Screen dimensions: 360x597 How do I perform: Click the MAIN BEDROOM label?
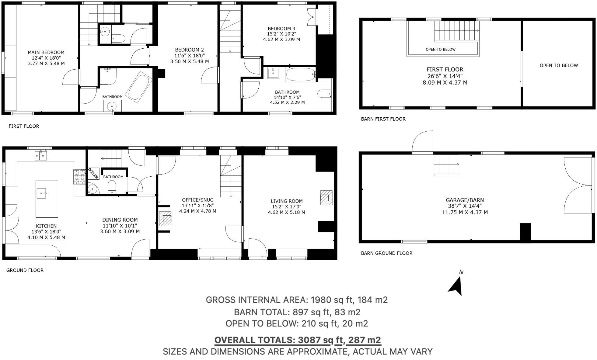point(46,52)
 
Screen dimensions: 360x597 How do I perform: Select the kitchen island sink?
point(42,193)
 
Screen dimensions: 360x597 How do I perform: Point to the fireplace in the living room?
point(326,198)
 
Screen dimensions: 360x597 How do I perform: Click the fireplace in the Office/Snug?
point(166,219)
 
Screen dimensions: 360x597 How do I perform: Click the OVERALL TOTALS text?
point(298,340)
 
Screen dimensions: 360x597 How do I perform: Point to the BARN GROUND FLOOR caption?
point(386,253)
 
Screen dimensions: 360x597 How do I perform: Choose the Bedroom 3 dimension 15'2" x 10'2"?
point(281,34)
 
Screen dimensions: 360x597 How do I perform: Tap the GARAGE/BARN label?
point(465,200)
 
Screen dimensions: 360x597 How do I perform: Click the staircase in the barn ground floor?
point(446,164)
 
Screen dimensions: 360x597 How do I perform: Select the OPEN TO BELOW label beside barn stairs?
point(440,49)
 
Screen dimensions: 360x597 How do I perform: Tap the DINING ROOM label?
point(120,220)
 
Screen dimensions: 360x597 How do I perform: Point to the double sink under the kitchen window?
point(41,156)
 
